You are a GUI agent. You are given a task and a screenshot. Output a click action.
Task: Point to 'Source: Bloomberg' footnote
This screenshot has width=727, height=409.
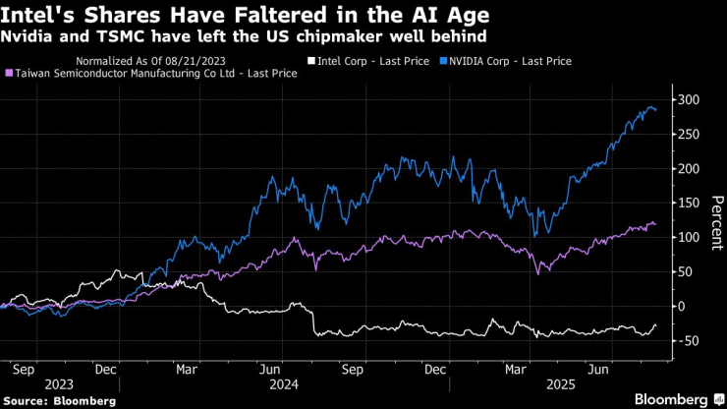tap(61, 401)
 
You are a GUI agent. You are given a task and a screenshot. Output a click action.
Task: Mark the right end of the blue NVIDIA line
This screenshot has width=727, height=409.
tap(656, 110)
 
